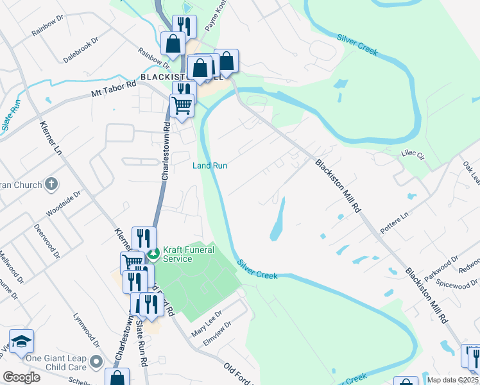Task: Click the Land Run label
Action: [x=210, y=166]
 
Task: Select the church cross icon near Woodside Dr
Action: [x=51, y=185]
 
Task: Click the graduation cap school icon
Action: [x=21, y=342]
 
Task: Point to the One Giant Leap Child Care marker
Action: [x=96, y=363]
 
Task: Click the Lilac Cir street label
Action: [x=413, y=155]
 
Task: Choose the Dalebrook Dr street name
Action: [x=80, y=49]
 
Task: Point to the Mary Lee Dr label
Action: [x=207, y=324]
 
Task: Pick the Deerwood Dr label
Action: [x=47, y=240]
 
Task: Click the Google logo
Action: [x=21, y=377]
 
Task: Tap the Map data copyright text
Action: [x=452, y=380]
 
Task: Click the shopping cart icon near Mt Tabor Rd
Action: [x=182, y=105]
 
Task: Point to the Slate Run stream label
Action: [x=11, y=116]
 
